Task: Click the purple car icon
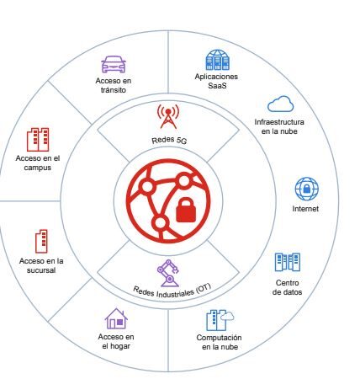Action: (x=114, y=64)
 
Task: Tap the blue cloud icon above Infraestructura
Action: (x=280, y=104)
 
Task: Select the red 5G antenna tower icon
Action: (x=168, y=116)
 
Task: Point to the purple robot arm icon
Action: (x=168, y=273)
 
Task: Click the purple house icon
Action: (x=116, y=318)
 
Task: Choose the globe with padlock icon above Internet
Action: (x=307, y=189)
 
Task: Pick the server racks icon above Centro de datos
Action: (x=288, y=262)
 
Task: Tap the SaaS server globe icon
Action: (x=217, y=60)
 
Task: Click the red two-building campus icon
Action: (x=38, y=140)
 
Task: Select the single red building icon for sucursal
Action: (x=41, y=241)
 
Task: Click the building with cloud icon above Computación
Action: (x=220, y=320)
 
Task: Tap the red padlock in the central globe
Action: (x=186, y=210)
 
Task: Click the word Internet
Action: (x=305, y=209)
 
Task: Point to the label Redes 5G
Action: (x=169, y=140)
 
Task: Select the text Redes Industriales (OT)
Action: (x=172, y=291)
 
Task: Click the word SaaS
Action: (x=217, y=86)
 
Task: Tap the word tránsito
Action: (x=114, y=90)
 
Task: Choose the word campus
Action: (x=38, y=168)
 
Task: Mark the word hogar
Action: (x=121, y=346)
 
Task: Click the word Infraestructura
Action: (x=279, y=122)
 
